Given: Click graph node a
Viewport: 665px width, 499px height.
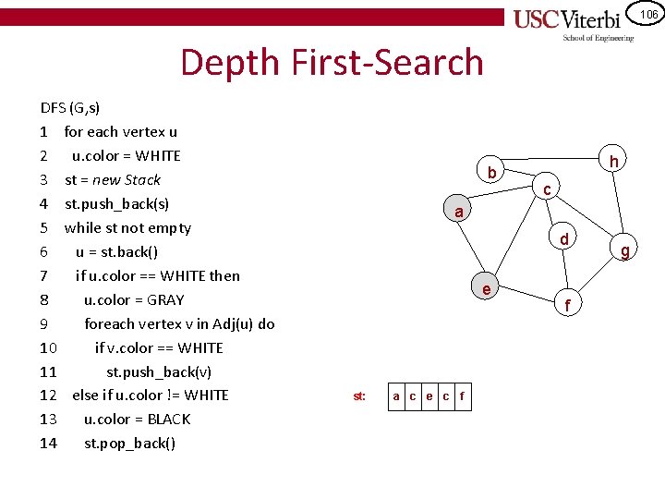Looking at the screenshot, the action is click(x=458, y=212).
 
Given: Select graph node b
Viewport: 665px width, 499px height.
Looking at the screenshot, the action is click(x=492, y=173).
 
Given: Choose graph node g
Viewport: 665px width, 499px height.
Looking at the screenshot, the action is click(x=625, y=249).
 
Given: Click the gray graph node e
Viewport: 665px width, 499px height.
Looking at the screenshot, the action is click(x=487, y=289).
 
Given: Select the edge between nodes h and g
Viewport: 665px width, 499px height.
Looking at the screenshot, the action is click(x=620, y=204).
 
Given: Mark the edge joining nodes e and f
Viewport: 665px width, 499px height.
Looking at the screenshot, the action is click(x=527, y=297).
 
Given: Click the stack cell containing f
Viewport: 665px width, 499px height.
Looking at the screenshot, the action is click(x=462, y=396).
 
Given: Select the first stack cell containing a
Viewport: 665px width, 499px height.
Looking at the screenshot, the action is click(x=396, y=396).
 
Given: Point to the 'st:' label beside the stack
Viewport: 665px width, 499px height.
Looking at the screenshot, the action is click(x=359, y=396).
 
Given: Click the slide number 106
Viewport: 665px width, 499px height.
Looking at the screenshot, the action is click(x=648, y=14).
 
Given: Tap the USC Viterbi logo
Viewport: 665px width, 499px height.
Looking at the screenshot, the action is click(x=574, y=22).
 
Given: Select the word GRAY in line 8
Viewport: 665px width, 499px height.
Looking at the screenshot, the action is click(x=165, y=299).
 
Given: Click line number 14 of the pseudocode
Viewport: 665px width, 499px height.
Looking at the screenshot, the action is click(x=49, y=443).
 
